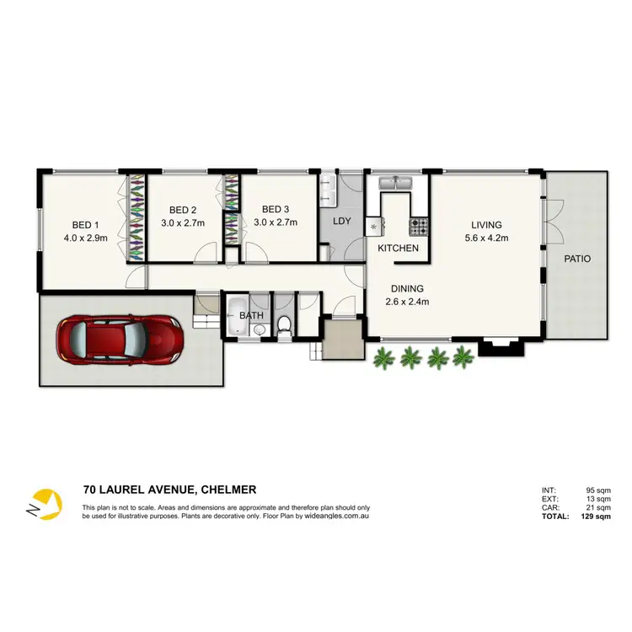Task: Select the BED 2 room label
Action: (x=183, y=210)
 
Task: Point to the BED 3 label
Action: (x=275, y=210)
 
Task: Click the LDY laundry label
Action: (x=342, y=222)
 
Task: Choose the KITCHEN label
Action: (x=398, y=249)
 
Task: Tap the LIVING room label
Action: (x=486, y=225)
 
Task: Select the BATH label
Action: (x=251, y=315)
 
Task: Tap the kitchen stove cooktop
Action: (x=418, y=226)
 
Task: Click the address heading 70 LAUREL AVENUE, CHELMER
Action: (x=169, y=490)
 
